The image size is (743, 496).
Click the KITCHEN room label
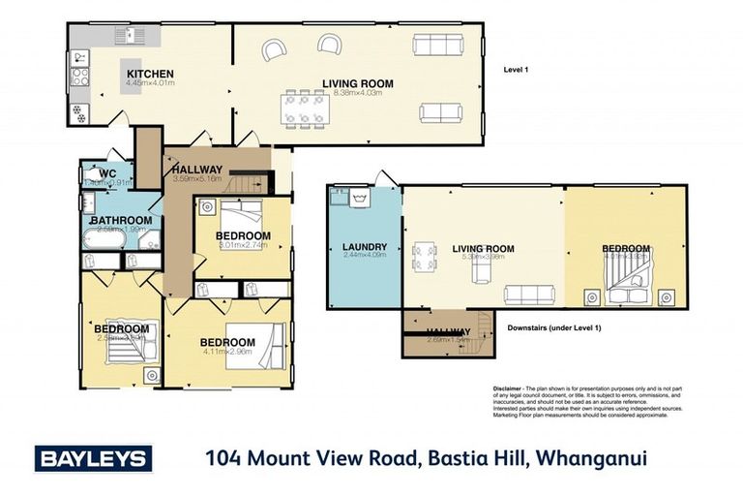[149, 74]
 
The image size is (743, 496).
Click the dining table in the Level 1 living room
[304, 108]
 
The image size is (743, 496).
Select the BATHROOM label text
[122, 221]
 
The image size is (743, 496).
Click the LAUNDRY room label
[365, 248]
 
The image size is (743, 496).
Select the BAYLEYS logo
[94, 457]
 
